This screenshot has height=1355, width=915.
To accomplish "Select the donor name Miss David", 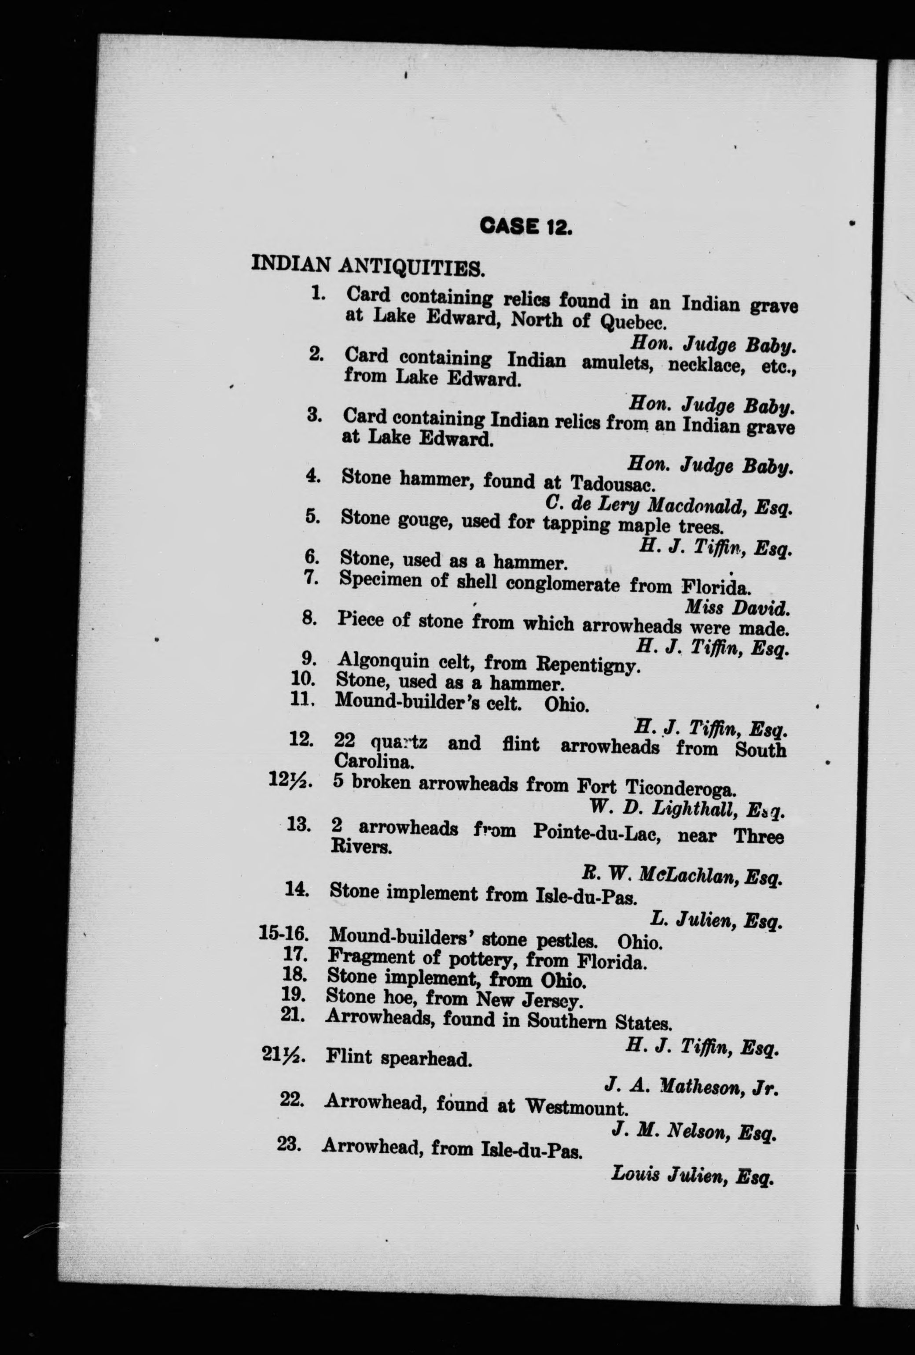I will pyautogui.click(x=737, y=608).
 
